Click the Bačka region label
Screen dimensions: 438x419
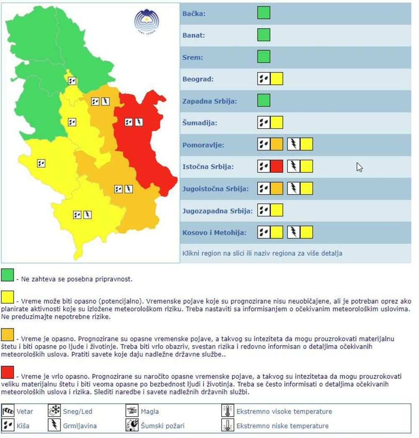point(194,14)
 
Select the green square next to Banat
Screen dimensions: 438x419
point(264,35)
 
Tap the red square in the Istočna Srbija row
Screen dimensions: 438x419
point(277,167)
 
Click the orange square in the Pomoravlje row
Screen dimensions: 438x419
point(277,145)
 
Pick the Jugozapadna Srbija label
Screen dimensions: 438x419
point(217,211)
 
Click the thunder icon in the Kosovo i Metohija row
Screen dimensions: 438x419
point(294,232)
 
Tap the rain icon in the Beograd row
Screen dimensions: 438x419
point(264,79)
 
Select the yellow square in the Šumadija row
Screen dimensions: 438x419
point(277,123)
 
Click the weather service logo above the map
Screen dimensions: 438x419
point(147,21)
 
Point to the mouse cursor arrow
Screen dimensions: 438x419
point(359,167)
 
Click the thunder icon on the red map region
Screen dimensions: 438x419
point(139,122)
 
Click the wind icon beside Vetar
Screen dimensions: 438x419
point(8,411)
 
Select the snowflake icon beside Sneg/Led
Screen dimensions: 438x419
point(54,411)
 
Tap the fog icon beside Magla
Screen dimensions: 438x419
point(132,411)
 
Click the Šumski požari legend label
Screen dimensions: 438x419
point(163,426)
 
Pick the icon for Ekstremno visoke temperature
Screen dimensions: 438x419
point(228,411)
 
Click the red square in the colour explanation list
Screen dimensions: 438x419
point(8,372)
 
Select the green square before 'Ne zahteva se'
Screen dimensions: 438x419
point(8,275)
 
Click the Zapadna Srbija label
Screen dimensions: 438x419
point(210,101)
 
